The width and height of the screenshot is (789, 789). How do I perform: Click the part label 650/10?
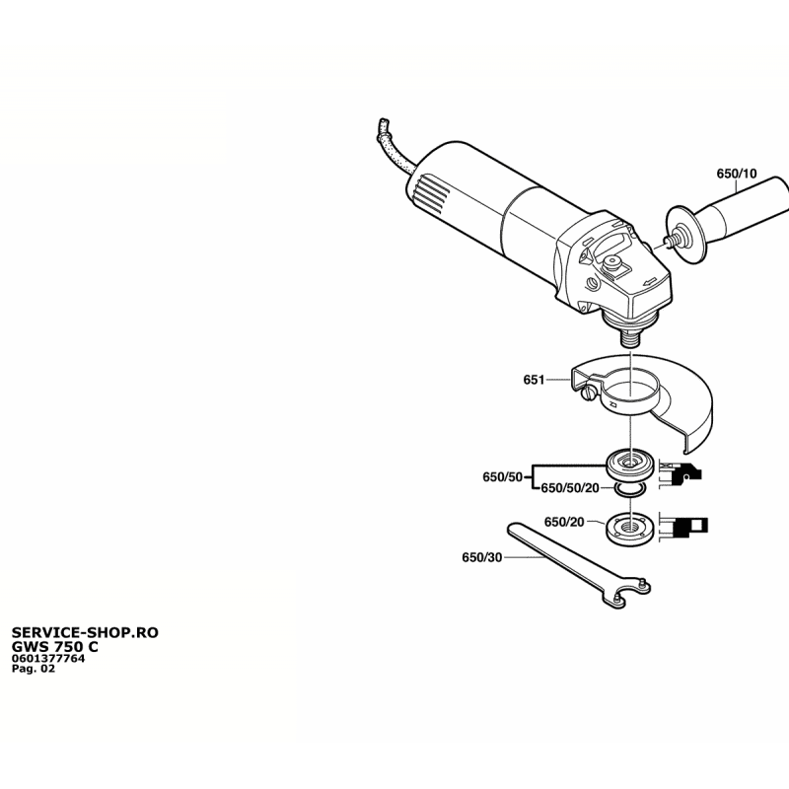tap(736, 174)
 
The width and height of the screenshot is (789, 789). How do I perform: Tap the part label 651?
tap(534, 380)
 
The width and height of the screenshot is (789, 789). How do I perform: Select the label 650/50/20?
tap(570, 488)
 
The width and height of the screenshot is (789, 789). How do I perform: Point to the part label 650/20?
tap(564, 522)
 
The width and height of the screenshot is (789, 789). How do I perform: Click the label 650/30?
tap(482, 557)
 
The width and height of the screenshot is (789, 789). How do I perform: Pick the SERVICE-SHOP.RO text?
tap(85, 632)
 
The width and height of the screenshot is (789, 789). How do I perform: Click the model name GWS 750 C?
tap(55, 647)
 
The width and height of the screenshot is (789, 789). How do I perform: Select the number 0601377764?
tap(48, 659)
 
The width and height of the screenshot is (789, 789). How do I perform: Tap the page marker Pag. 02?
tap(34, 669)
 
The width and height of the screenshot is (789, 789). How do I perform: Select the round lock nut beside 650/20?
tap(630, 529)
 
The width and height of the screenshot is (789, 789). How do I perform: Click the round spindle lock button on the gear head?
tap(612, 261)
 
